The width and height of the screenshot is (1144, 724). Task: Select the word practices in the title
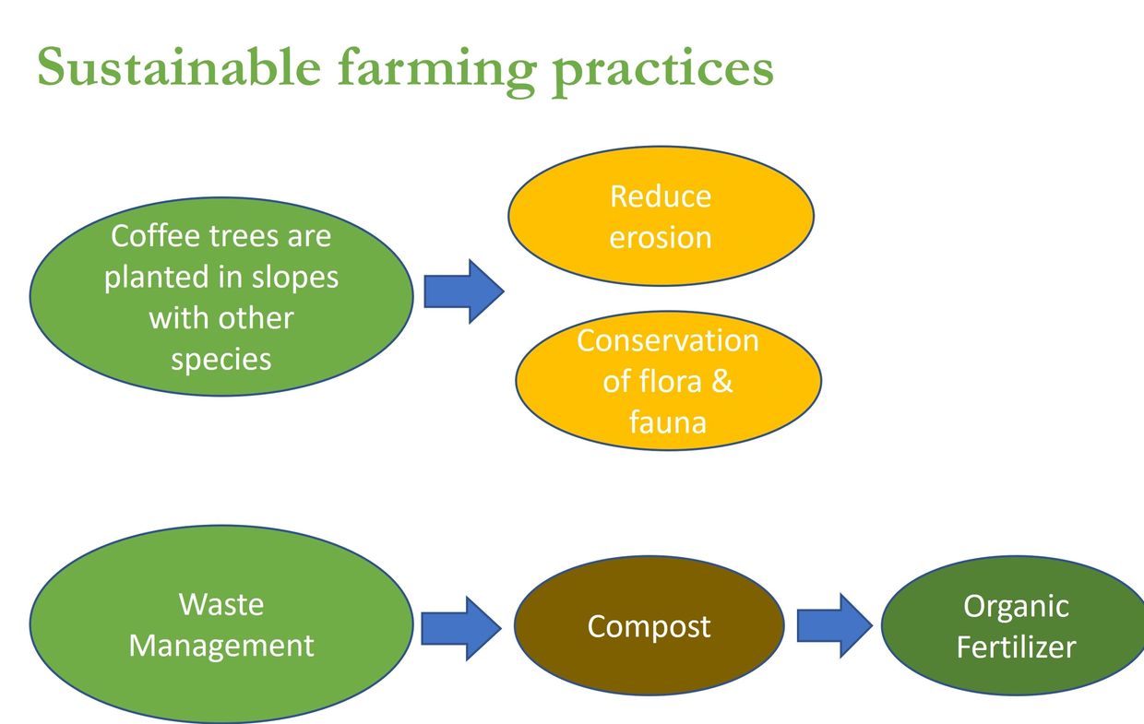[x=662, y=68]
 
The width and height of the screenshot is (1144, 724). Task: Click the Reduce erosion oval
[x=661, y=216]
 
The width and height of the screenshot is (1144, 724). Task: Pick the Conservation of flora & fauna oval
[x=667, y=380]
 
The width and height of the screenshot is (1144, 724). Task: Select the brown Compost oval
[x=649, y=626]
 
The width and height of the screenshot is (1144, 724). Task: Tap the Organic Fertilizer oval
[x=1015, y=626]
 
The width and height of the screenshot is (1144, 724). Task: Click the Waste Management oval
[x=221, y=624]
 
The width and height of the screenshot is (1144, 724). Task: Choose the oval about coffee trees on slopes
[x=221, y=296]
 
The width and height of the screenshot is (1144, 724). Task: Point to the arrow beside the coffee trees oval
[x=464, y=291]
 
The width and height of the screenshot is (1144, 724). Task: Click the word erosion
[x=661, y=237]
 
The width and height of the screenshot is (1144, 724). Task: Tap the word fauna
[x=667, y=421]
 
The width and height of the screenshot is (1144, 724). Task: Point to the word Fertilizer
[x=1016, y=647]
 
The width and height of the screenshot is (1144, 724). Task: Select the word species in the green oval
[x=221, y=358]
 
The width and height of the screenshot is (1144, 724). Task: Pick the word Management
[x=221, y=645]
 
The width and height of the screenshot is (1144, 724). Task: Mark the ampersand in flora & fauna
[x=721, y=381]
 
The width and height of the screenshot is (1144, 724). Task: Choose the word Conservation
[x=667, y=340]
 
